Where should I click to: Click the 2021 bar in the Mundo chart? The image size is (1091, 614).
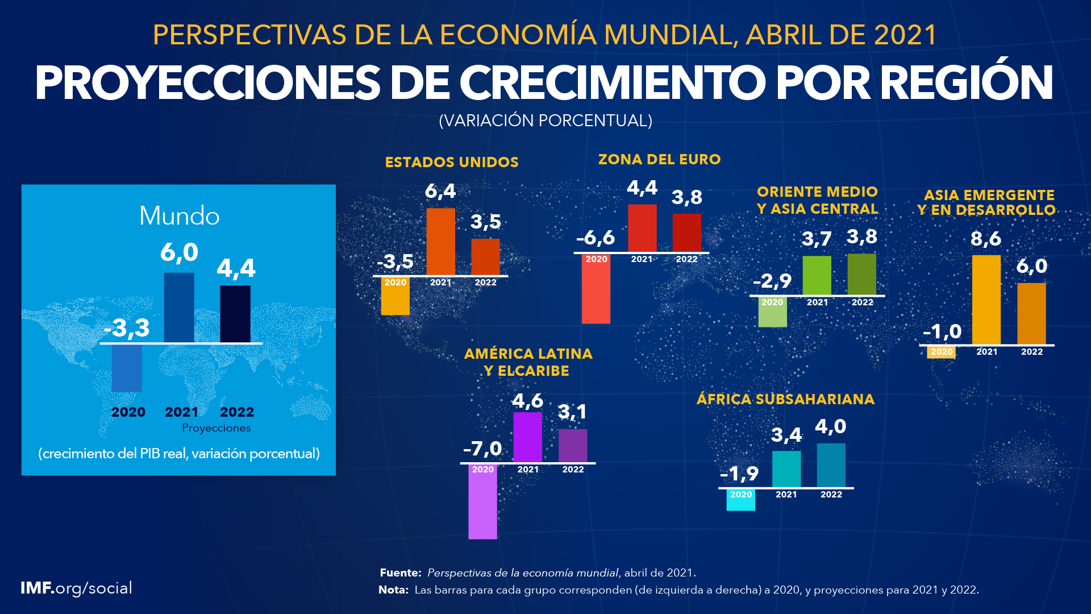pos(179,308)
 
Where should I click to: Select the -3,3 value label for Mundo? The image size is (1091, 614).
pos(127,327)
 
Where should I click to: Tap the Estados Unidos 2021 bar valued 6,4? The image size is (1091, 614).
pos(440,242)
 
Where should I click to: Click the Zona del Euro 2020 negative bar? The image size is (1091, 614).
pos(596,290)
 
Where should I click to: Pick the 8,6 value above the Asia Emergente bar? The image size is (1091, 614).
pos(986,239)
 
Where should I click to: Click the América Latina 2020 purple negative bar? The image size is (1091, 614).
pos(482,503)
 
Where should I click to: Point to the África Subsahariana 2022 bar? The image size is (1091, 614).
pos(831,465)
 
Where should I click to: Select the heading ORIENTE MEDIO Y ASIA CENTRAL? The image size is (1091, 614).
pos(817,200)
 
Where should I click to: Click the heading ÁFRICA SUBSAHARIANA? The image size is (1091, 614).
pos(785,399)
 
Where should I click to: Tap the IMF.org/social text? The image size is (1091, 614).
pos(76,588)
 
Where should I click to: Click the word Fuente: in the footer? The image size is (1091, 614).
pos(401,573)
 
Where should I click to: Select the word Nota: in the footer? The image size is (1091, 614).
pos(393,590)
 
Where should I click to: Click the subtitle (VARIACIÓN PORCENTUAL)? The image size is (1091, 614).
pos(545,121)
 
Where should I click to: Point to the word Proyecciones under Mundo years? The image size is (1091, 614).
pos(216,428)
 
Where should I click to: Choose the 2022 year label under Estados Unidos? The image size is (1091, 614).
pos(485,283)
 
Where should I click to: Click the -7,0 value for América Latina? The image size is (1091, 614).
pos(482,449)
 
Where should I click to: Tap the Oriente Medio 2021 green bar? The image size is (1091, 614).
pos(817,275)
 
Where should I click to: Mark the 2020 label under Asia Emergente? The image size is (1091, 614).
pos(942,352)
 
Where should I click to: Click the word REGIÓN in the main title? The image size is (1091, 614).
pos(967,83)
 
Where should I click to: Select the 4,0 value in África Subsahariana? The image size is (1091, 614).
pos(831,426)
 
